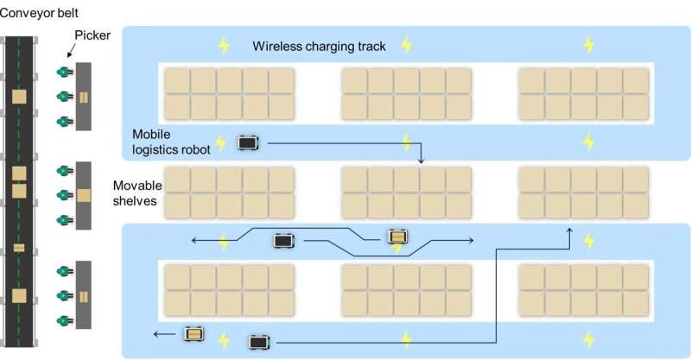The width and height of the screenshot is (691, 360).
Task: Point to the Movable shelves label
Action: click(x=136, y=194)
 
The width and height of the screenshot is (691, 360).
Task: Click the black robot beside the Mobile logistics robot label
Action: click(x=249, y=142)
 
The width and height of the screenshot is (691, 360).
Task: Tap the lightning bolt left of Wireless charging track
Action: click(x=224, y=45)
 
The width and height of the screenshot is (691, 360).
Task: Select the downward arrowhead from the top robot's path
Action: click(x=421, y=160)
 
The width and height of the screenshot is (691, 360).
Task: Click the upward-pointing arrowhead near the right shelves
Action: click(x=571, y=231)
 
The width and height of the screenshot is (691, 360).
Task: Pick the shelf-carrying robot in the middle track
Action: click(x=397, y=237)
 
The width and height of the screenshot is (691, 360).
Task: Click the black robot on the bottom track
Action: click(x=258, y=343)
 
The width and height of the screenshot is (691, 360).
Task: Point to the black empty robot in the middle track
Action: click(x=282, y=241)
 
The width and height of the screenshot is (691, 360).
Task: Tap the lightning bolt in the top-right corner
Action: click(x=589, y=44)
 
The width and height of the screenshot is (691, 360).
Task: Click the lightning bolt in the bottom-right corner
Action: click(x=589, y=338)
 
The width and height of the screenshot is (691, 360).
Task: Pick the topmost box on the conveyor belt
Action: click(x=19, y=97)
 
